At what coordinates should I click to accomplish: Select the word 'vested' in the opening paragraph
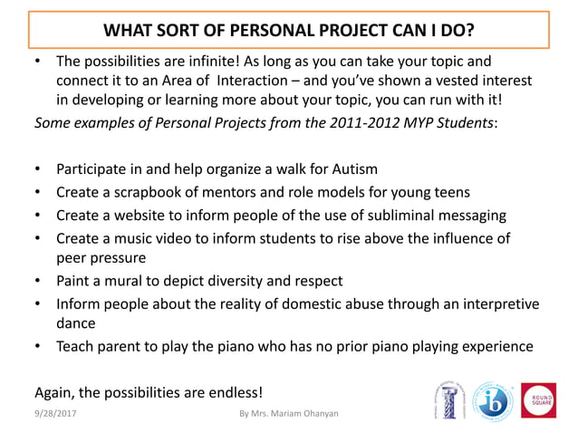pos(462,81)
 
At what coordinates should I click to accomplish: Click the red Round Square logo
pos(538,399)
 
